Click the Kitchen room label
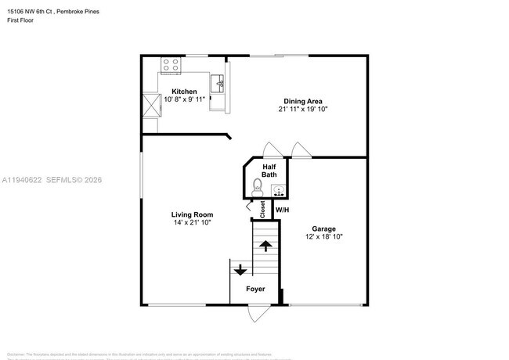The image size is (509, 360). [x=184, y=92]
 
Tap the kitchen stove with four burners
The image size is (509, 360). [x=170, y=65]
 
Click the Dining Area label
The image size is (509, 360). [x=304, y=101]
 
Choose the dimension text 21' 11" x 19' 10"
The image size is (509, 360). [x=304, y=110]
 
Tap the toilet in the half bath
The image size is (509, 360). [x=258, y=187]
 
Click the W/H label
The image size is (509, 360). [x=282, y=210]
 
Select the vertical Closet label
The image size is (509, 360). [x=262, y=209]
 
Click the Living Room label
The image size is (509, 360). [x=192, y=214]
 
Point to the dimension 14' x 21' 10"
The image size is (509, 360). [x=192, y=223]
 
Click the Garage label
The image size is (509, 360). [x=323, y=229]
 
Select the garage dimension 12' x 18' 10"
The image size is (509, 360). [x=323, y=237]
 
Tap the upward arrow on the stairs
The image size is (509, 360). [x=265, y=246]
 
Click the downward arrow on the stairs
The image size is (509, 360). [x=240, y=270]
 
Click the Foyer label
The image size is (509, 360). [x=255, y=290]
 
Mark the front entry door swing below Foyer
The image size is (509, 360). [x=256, y=313]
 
